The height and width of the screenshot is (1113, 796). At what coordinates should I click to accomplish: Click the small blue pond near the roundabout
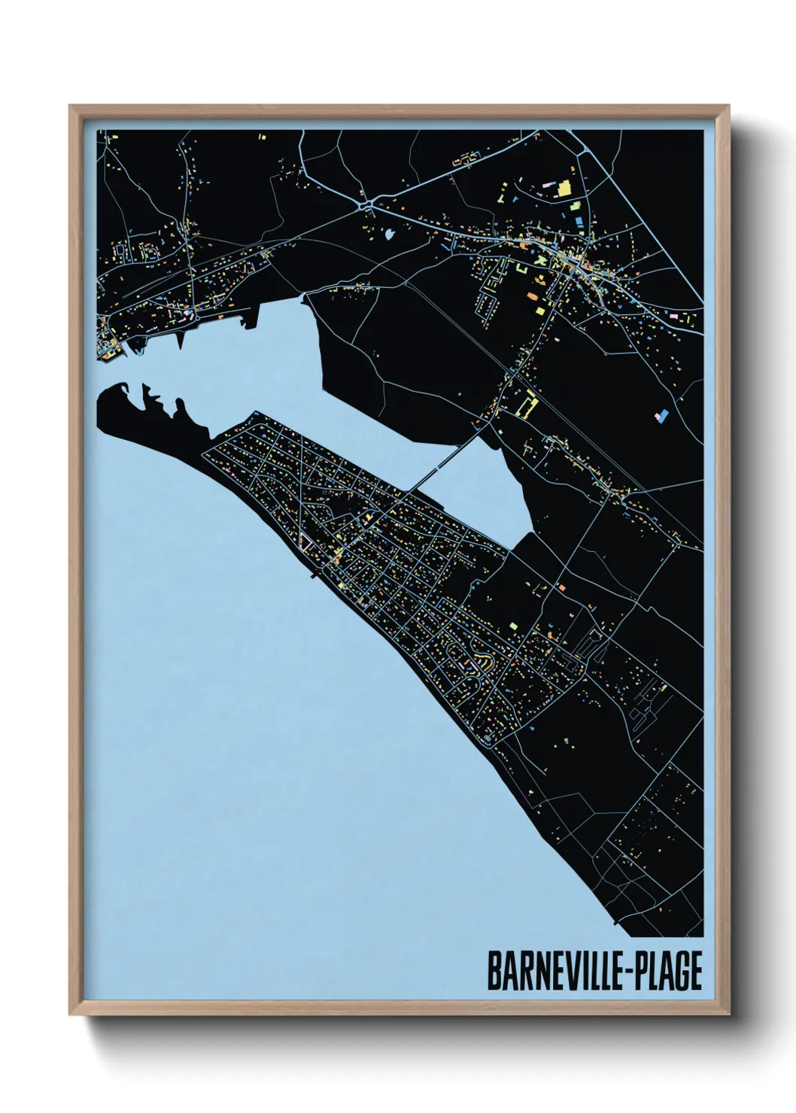coord(388,235)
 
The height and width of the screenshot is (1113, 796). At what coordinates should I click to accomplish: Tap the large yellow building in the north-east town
coord(564,188)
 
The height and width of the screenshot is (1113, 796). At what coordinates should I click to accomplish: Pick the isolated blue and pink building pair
coord(661,414)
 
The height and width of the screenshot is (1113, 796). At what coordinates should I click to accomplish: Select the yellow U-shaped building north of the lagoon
coord(527,404)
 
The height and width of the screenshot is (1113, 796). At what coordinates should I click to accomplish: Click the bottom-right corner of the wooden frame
coord(729,1011)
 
